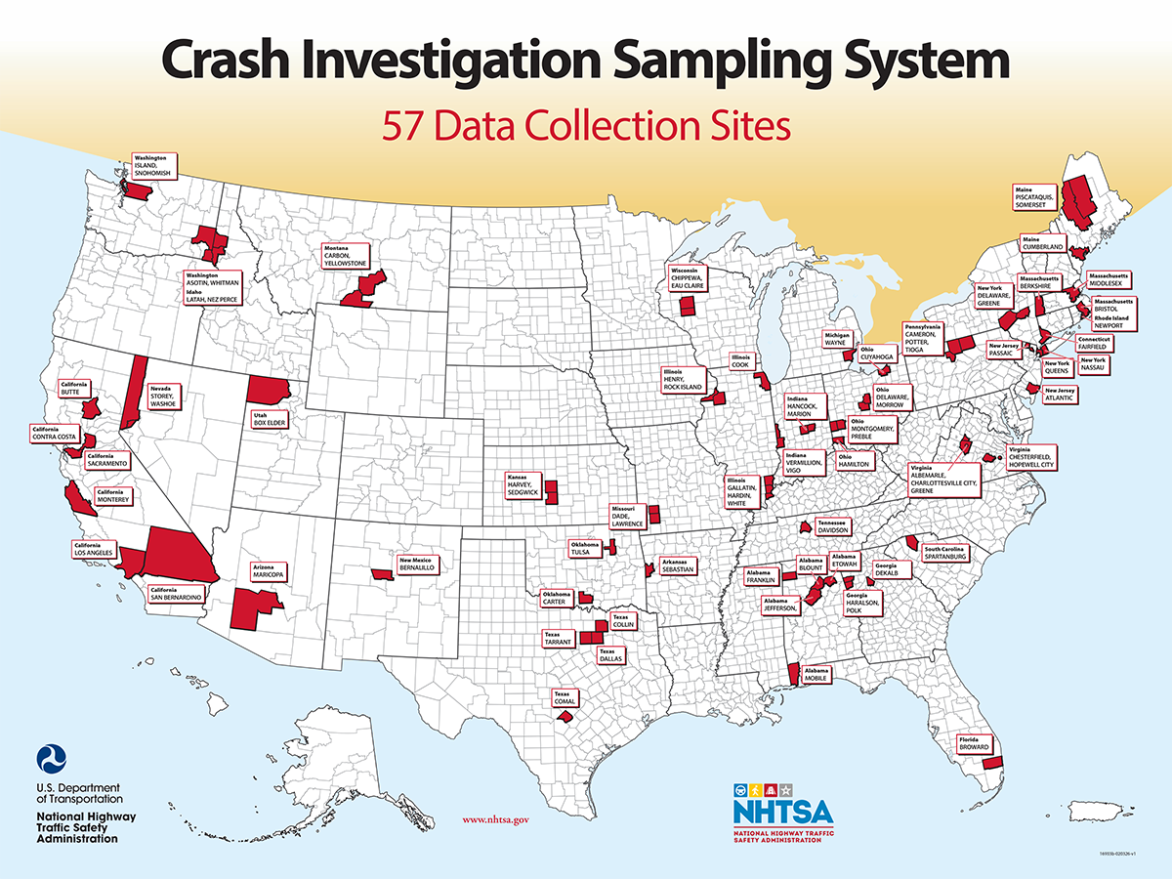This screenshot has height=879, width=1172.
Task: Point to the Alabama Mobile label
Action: (816, 675)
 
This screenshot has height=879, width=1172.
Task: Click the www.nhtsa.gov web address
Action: (495, 820)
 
